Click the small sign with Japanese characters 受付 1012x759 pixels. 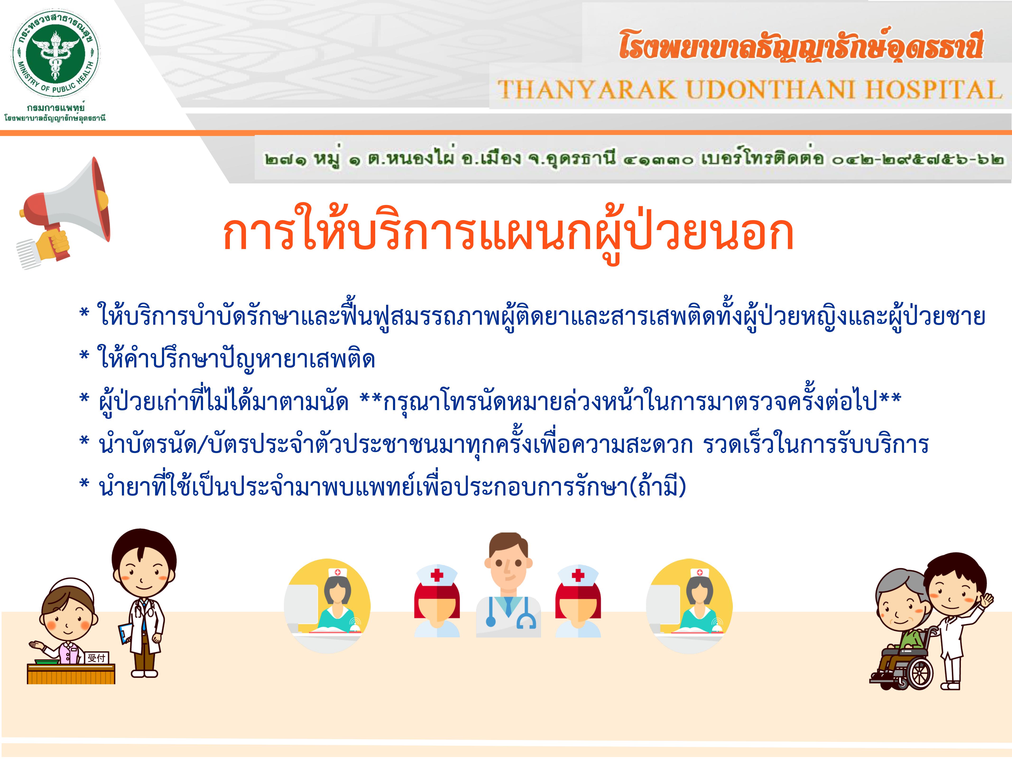97,658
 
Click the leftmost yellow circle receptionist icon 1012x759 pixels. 327,606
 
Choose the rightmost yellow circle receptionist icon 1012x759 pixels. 689,606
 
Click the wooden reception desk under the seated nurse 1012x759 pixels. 71,673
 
